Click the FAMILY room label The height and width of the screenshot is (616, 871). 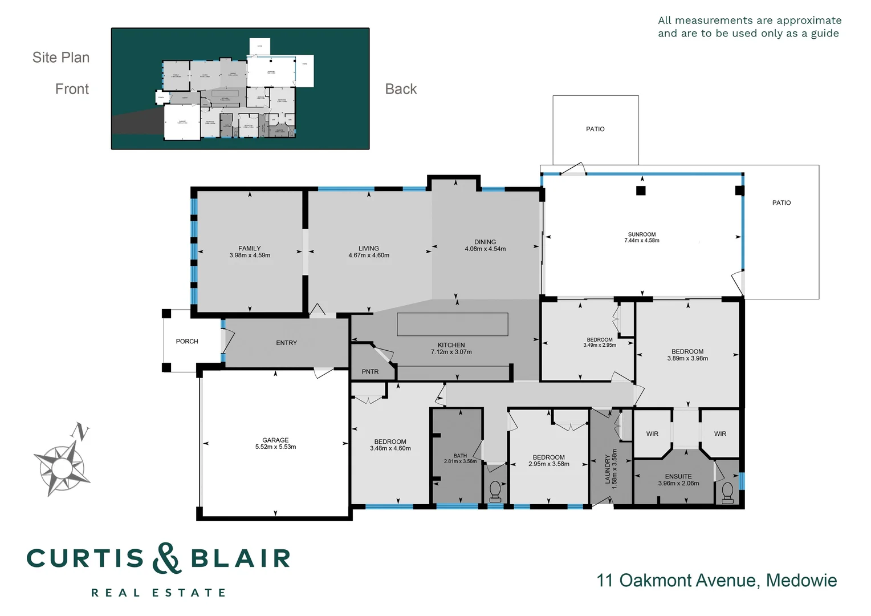pos(250,248)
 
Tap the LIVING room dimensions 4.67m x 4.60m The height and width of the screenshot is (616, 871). pos(369,256)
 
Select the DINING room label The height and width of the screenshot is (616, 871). pos(485,242)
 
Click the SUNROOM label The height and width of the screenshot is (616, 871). pos(642,234)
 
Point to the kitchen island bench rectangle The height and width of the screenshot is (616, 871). pos(452,325)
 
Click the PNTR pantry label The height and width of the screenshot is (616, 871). pos(370,372)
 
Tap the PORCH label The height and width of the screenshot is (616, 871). pos(187,341)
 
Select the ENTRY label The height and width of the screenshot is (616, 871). pos(286,343)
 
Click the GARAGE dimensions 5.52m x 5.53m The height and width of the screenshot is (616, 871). pos(275,447)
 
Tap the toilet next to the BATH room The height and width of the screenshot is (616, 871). pos(495,491)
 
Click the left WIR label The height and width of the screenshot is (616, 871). pos(652,434)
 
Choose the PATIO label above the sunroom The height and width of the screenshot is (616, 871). pos(595,129)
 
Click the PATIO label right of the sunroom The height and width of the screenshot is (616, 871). pos(781,202)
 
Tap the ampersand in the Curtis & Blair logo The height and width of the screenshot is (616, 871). pos(166,558)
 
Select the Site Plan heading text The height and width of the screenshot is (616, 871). pos(61,58)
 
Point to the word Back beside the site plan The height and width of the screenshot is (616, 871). pos(401,89)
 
